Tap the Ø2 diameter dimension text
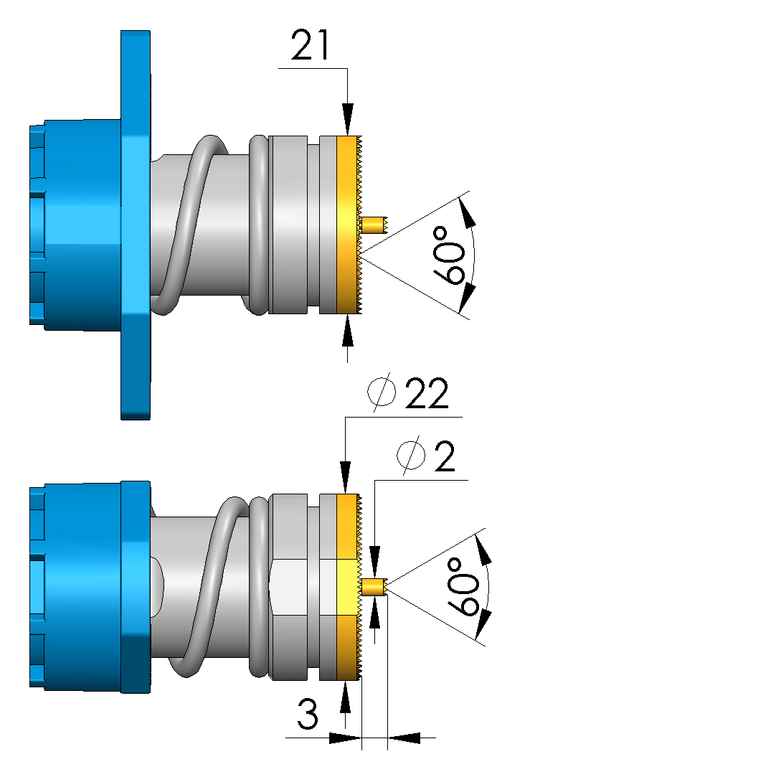[x=426, y=457]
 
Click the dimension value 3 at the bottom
[x=308, y=715]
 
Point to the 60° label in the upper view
[x=452, y=254]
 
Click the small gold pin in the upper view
[x=374, y=225]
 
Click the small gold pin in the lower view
[x=374, y=586]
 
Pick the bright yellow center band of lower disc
[x=347, y=587]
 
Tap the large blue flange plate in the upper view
[x=136, y=225]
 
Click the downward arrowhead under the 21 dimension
[x=348, y=118]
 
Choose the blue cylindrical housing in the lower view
[x=79, y=587]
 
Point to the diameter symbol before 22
[x=381, y=394]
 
